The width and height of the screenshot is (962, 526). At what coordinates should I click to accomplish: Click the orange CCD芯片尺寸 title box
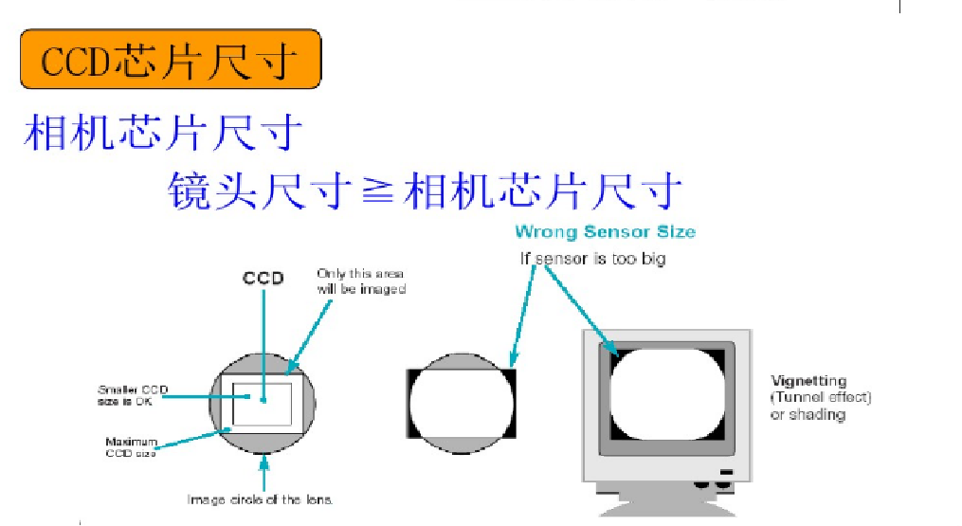pos(170,61)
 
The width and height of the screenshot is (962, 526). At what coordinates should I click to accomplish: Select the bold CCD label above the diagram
pos(263,279)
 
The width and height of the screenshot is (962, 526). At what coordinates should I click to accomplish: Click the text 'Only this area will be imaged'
pos(360,281)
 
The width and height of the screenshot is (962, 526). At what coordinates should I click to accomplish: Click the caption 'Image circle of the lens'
pos(261,499)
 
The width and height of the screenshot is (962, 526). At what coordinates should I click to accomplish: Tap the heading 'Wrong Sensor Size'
pos(605,232)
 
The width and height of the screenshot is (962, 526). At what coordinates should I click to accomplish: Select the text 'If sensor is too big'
pos(591,258)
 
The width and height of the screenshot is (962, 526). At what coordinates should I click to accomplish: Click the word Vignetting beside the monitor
pos(808,382)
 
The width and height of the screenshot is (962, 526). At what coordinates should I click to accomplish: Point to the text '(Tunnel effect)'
pos(821,398)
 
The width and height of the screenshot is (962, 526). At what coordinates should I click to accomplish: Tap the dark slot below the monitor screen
pos(726,471)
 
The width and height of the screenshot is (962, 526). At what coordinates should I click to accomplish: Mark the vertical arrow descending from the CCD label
pos(263,332)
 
